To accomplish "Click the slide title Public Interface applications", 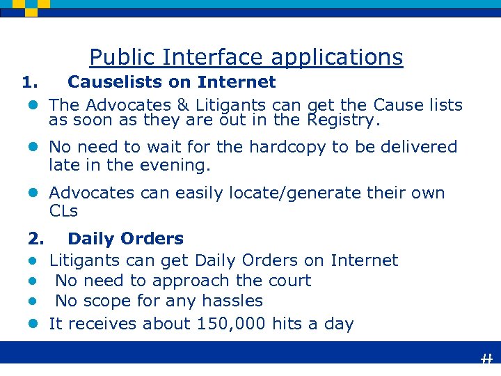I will coord(246,57).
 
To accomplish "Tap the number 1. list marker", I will coord(29,82).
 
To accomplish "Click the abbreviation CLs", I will coord(63,210).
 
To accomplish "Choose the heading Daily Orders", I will coord(125,239).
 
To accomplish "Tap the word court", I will coord(287,281).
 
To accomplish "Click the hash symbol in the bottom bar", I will coord(486,359).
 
